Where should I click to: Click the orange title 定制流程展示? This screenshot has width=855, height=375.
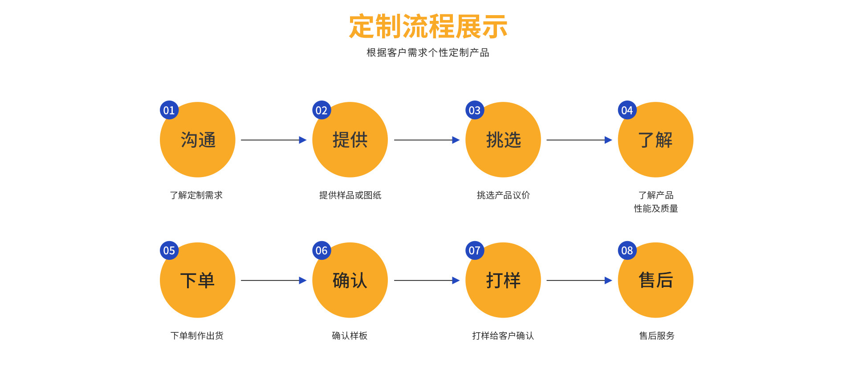coord(428,27)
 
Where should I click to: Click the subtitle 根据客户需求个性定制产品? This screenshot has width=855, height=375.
coord(427,52)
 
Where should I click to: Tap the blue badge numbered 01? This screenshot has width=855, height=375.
coord(169,110)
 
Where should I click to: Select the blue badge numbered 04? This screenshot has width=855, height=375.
coord(627,110)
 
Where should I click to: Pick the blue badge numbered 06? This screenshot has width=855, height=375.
coord(322,250)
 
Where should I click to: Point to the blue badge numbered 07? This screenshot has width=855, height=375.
coord(475,250)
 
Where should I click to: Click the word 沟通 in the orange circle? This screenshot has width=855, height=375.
coord(198,140)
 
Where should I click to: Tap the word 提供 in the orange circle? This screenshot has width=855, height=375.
coord(350,140)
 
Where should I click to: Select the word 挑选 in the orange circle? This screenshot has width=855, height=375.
coord(503,140)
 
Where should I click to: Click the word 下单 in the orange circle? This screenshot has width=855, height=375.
coord(198,280)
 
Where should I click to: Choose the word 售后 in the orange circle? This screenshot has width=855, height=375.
coord(655,280)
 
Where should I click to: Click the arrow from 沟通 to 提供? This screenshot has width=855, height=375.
coord(273,140)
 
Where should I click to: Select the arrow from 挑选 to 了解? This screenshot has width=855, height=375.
coord(579,140)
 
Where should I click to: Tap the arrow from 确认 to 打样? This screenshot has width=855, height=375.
coord(427,280)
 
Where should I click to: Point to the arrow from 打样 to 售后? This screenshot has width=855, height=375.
coord(579,280)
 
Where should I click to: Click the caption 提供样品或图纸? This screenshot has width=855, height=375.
coord(350,195)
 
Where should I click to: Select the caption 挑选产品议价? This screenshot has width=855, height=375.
coord(503,195)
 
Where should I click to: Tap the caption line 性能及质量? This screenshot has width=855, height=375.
coord(655,209)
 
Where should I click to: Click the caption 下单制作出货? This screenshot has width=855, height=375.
coord(197,336)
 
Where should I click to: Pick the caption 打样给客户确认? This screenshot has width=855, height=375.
coord(503,336)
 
